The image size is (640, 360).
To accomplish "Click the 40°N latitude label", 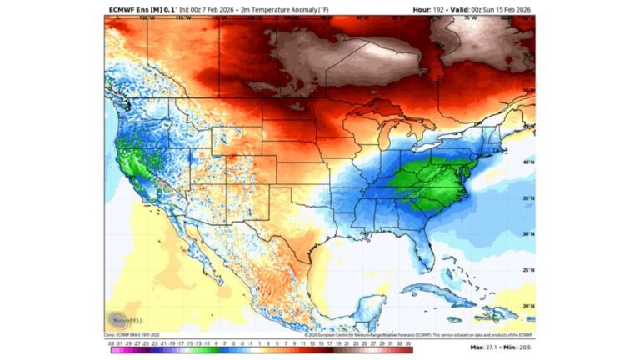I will click(x=527, y=162).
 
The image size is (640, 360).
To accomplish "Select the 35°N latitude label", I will click(x=527, y=198).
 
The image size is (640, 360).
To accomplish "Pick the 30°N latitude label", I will click(x=527, y=234).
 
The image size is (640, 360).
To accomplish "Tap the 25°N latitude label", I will click(x=527, y=270).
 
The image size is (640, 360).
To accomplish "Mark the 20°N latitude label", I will click(x=527, y=306).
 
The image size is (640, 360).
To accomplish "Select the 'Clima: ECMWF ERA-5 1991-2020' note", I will click(x=137, y=335).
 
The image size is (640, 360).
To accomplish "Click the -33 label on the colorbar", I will click(x=111, y=342).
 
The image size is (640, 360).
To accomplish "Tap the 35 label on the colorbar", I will click(x=409, y=342).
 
